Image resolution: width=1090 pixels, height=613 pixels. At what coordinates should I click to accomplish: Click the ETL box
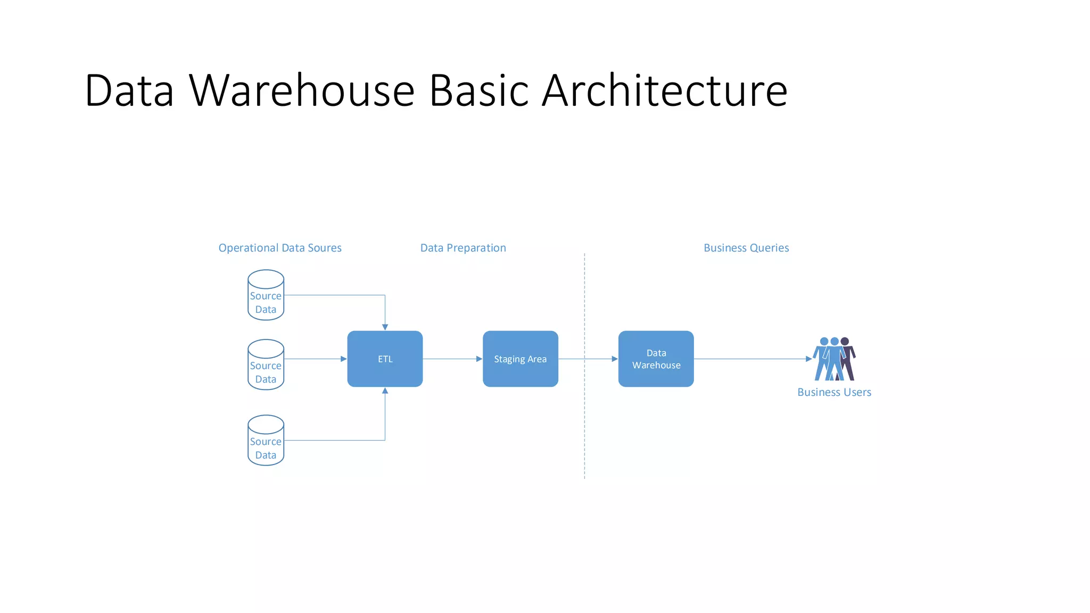point(385,359)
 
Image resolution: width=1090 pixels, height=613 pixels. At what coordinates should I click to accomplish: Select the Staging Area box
point(520,359)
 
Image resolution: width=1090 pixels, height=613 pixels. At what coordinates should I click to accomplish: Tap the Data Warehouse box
point(656,359)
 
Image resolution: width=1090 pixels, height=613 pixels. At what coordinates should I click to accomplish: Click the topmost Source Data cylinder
point(266,295)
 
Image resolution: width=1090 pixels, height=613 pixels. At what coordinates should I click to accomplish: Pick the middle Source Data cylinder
point(266,365)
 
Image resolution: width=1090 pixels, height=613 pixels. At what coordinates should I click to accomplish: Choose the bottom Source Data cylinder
point(266,441)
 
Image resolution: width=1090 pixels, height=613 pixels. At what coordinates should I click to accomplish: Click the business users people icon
point(833,359)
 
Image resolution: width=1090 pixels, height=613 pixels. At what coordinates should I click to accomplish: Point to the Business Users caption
point(834,392)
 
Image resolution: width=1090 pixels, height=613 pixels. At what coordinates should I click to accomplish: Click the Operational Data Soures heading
point(280,248)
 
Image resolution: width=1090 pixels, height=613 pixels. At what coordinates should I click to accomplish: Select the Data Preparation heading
point(463,248)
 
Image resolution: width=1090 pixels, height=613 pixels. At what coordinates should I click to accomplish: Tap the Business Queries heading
point(746,248)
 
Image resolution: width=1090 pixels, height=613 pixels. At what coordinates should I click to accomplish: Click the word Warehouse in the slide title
point(302,90)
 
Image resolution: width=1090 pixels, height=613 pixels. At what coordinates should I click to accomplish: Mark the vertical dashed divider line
point(584,415)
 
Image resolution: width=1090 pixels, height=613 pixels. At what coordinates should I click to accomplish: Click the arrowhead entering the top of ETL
point(385,327)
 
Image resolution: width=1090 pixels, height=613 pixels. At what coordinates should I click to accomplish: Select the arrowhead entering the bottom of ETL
point(385,391)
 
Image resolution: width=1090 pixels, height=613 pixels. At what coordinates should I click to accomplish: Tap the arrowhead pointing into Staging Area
point(479,359)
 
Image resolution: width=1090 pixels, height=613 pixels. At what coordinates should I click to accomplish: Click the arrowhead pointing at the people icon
point(808,359)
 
